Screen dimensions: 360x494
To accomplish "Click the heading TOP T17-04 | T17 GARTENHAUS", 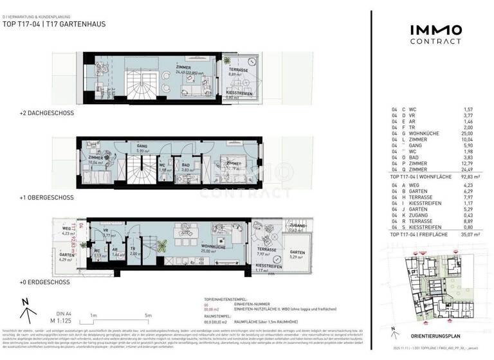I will coord(54,24).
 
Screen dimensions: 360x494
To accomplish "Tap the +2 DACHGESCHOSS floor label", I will coord(47,113).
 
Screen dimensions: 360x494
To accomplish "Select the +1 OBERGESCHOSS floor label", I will coord(47,197).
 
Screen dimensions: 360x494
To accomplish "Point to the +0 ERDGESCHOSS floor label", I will coord(45,282).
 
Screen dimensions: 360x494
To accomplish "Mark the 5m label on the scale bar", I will coord(149,315).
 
